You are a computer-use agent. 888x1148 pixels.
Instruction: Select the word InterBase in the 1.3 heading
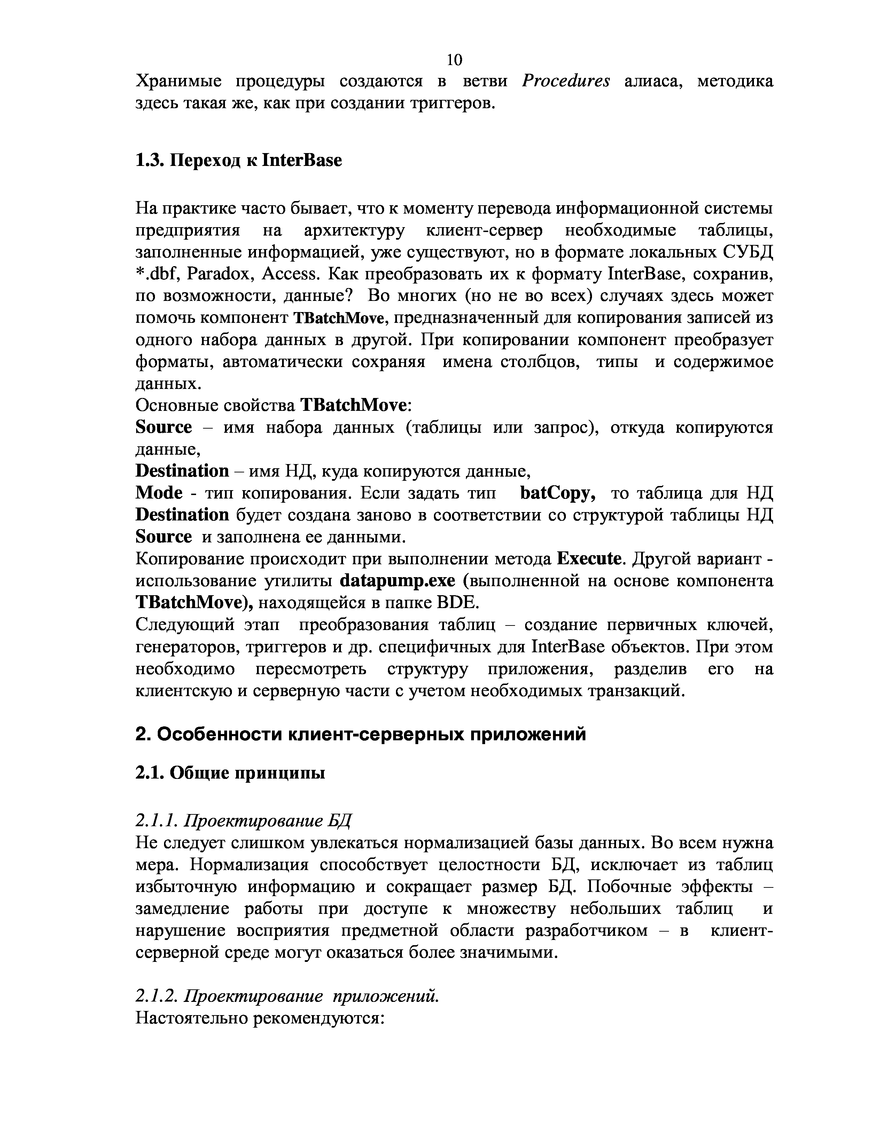point(302,160)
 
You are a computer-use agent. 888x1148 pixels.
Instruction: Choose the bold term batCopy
point(558,493)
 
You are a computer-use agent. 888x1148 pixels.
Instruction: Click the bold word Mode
point(159,493)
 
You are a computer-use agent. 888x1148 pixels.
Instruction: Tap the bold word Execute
point(589,559)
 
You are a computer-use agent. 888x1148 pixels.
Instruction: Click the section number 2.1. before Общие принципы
point(150,773)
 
